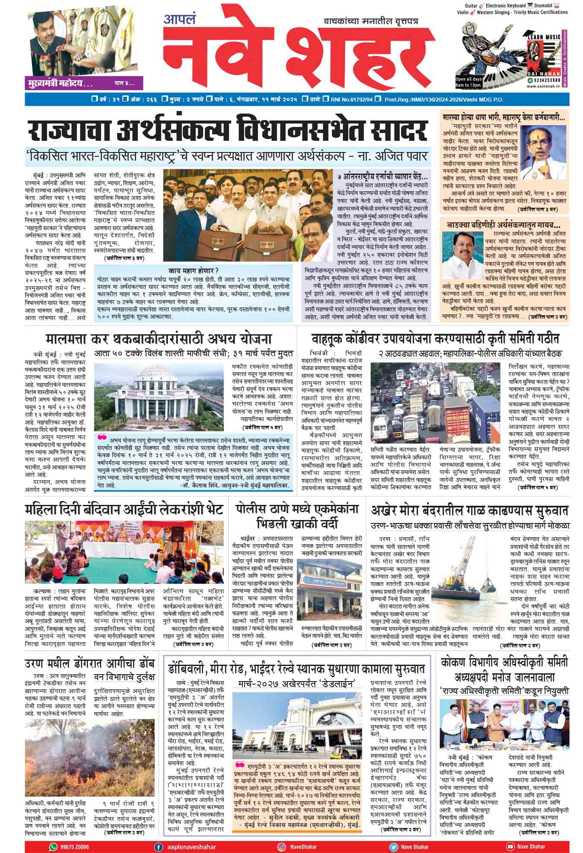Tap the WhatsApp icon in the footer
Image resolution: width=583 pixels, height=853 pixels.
(53, 847)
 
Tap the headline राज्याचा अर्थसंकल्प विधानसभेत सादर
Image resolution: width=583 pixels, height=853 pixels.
(227, 130)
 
